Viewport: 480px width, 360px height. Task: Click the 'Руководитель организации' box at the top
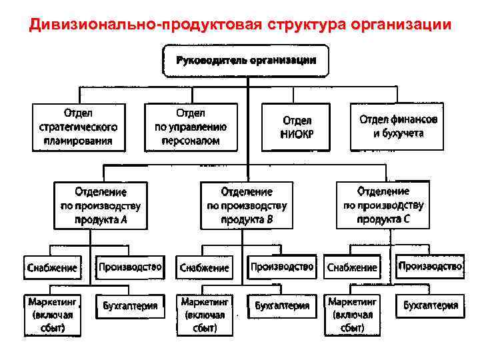[x=246, y=61]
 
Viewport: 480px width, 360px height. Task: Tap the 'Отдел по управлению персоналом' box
[x=191, y=127]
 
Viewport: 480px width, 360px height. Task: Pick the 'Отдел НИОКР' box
[x=297, y=127]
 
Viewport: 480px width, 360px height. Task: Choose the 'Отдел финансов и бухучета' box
[x=398, y=127]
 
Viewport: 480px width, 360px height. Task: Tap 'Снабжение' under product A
[x=51, y=268]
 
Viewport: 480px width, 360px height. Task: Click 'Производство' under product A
[x=130, y=267]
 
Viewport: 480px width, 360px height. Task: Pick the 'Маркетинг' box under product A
[x=51, y=314]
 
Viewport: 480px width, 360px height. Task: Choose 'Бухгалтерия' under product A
[x=130, y=307]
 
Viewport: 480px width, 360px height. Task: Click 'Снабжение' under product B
[x=204, y=268]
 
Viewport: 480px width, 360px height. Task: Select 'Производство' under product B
[x=282, y=267]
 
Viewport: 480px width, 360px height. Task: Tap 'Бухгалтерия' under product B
[x=282, y=307]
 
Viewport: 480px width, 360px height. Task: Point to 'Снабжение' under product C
[x=351, y=268]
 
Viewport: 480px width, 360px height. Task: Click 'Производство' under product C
[x=430, y=267]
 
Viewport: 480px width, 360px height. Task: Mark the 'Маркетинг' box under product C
[x=352, y=314]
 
